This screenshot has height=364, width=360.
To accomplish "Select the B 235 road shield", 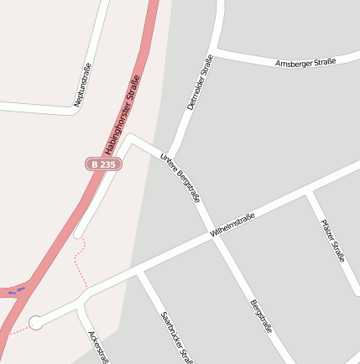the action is (103, 164).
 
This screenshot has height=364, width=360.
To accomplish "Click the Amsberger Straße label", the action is (305, 62).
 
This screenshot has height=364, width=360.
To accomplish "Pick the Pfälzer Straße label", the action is (332, 241).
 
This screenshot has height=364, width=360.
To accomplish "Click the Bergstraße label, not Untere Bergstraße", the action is (261, 316).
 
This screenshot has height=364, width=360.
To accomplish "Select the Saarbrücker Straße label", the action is (173, 335).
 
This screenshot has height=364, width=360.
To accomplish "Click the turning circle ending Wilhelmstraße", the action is (36, 322).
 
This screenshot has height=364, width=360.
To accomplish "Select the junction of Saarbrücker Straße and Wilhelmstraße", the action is (139, 272).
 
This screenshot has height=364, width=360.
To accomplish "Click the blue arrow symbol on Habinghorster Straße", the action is (16, 291).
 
